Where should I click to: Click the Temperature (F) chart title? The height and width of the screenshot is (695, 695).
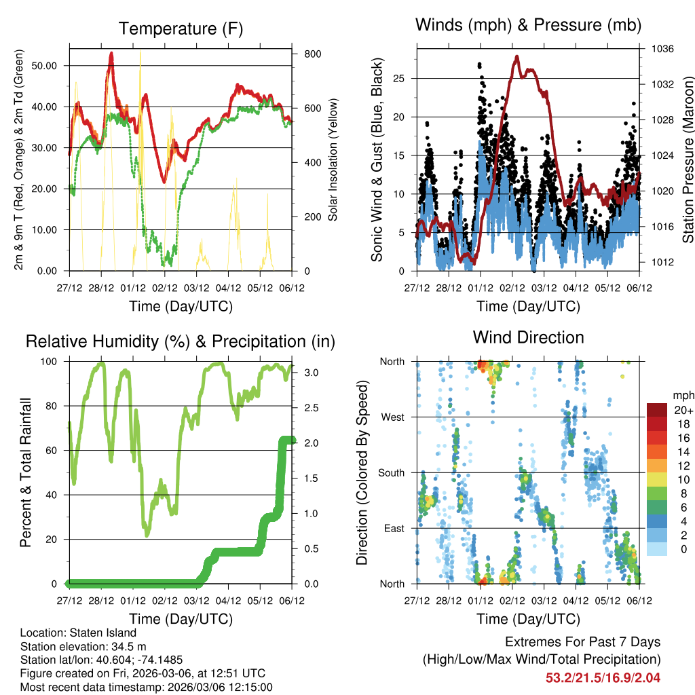pyautogui.click(x=181, y=29)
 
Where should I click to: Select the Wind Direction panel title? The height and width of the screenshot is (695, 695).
pyautogui.click(x=528, y=337)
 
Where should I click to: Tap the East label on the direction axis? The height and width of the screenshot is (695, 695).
pyautogui.click(x=393, y=528)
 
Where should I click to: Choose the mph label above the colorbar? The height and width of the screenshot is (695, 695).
pyautogui.click(x=681, y=394)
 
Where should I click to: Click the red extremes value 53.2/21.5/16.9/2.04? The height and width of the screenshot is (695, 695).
pyautogui.click(x=603, y=677)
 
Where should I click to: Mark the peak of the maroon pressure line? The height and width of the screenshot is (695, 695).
pyautogui.click(x=517, y=57)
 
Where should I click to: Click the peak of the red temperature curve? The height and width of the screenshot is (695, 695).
pyautogui.click(x=111, y=54)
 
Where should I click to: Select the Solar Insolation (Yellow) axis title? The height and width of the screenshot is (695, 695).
pyautogui.click(x=333, y=159)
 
